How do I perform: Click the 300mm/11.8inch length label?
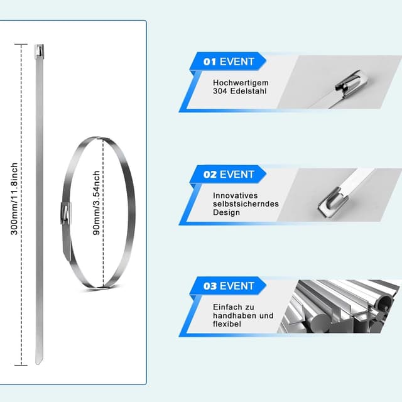pos(14,198)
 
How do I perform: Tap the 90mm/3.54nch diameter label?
pos(96,203)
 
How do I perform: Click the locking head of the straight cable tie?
pos(39,52)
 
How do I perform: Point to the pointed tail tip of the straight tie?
pos(39,362)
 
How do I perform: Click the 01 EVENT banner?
pos(228,62)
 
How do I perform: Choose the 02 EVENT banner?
pos(228,175)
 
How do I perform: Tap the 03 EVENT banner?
pos(228,286)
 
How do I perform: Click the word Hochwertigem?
pos(241,83)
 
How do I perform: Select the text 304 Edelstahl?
pos(240,91)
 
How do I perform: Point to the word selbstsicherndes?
pos(246,204)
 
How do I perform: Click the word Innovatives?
pos(235,195)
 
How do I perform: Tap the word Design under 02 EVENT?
pos(226,212)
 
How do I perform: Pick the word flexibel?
pos(227,324)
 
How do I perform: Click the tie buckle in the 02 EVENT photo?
pos(332,202)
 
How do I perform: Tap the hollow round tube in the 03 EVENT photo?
pos(384,302)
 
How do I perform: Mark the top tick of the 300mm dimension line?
pos(21,45)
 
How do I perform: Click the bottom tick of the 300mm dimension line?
pos(21,365)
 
